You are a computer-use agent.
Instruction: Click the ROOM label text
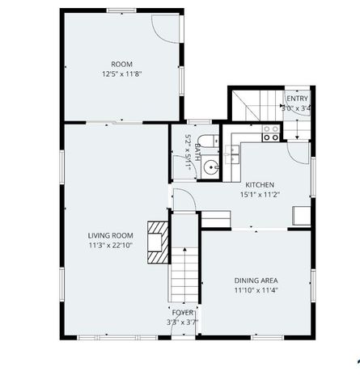(121, 64)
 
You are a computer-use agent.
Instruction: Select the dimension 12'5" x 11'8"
(121, 74)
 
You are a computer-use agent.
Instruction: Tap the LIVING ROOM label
(110, 235)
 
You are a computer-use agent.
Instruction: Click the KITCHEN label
(260, 184)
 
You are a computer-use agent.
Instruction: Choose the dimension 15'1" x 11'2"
(260, 194)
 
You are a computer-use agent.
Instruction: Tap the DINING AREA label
(256, 280)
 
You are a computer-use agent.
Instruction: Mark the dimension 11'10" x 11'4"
(256, 289)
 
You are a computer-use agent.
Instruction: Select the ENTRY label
(297, 98)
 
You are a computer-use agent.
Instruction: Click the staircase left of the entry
(253, 106)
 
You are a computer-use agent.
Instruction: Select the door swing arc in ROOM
(166, 31)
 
